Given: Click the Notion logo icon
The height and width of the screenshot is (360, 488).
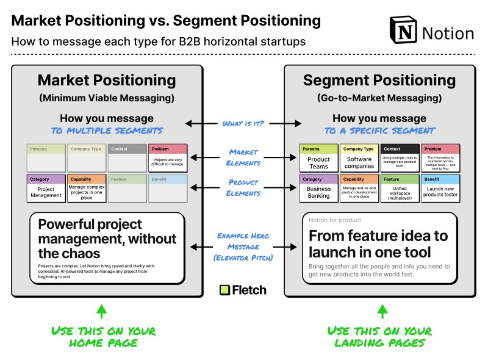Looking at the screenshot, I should click(403, 31).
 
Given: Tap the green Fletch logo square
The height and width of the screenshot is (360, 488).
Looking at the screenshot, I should click(224, 290).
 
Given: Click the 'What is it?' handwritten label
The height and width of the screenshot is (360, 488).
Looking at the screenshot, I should click(243, 123).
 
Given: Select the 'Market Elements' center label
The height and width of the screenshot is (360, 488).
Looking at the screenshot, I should click(243, 157).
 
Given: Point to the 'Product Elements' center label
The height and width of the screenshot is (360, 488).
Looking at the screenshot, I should click(243, 187).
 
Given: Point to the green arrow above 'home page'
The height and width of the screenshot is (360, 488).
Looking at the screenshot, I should click(102, 312).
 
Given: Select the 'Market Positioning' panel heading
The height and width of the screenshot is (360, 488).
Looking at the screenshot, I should click(107, 80).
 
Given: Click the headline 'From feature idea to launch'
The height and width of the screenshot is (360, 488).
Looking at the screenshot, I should click(378, 243).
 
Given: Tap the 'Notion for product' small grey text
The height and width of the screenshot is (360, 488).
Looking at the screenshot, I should click(335, 220).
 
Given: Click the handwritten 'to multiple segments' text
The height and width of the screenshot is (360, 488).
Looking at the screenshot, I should click(107, 131).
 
